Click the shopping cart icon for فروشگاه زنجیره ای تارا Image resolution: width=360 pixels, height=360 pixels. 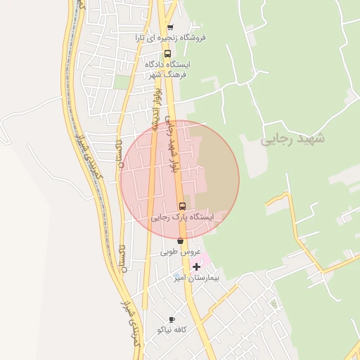pyautogui.click(x=170, y=27)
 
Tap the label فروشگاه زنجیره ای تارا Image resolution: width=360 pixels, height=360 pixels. pyautogui.click(x=171, y=38)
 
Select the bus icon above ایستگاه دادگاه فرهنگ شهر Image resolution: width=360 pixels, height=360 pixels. pyautogui.click(x=167, y=53)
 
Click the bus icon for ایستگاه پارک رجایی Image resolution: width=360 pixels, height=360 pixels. pyautogui.click(x=183, y=206)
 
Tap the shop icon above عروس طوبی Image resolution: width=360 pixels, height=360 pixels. pyautogui.click(x=181, y=241)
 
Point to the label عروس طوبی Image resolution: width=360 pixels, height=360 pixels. pyautogui.click(x=181, y=252)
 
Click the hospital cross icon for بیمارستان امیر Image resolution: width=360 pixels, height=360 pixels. pyautogui.click(x=196, y=266)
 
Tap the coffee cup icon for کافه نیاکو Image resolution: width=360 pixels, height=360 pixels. pyautogui.click(x=172, y=319)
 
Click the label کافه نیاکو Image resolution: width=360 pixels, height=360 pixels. pyautogui.click(x=172, y=329)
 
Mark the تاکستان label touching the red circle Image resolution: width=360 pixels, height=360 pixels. pyautogui.click(x=119, y=152)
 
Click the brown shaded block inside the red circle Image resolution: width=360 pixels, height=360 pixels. pyautogui.click(x=214, y=169)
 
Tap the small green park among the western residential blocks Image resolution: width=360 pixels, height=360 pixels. pyautogui.click(x=122, y=82)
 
